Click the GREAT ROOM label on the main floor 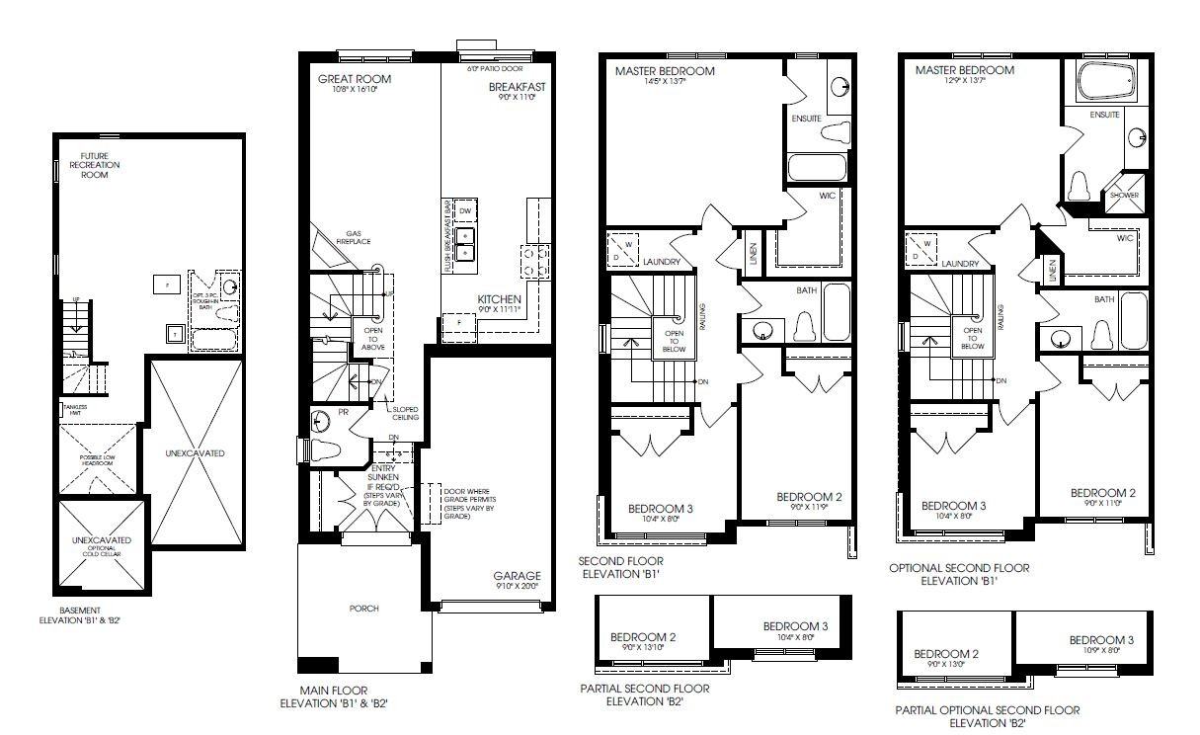tap(354, 79)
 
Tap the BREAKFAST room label tap(517, 87)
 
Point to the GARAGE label tap(517, 576)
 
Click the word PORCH tap(363, 609)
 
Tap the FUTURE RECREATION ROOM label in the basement tap(101, 165)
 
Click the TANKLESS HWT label tap(75, 409)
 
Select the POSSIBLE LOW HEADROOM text tap(99, 460)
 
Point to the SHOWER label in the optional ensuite tap(1124, 196)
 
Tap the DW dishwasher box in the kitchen tap(465, 210)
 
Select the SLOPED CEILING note tap(405, 414)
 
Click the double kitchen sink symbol tap(465, 242)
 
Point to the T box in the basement tap(175, 333)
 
